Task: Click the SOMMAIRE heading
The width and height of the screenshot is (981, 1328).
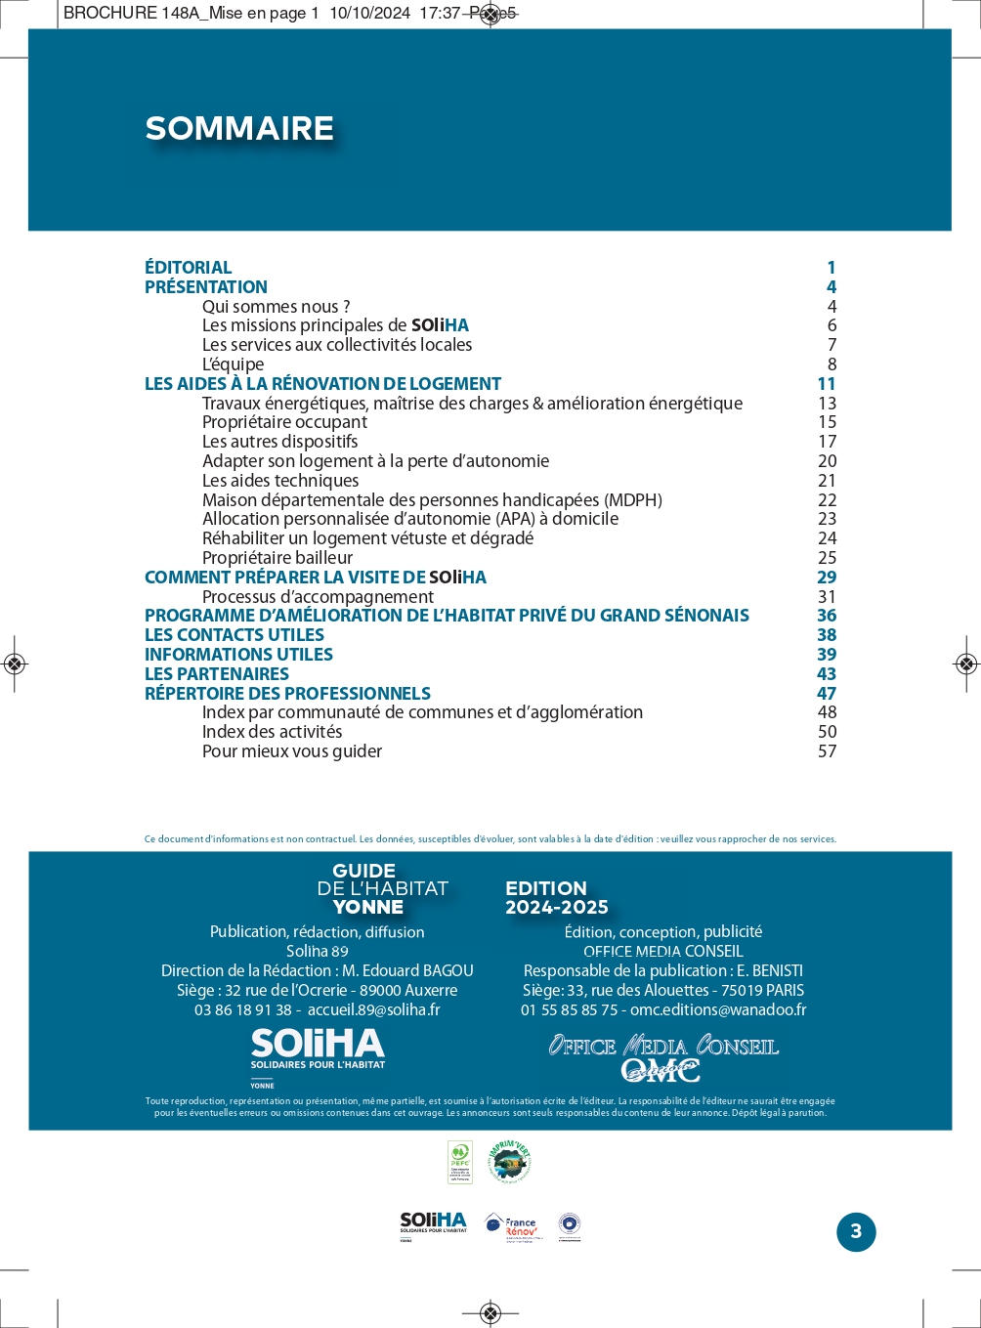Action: [239, 128]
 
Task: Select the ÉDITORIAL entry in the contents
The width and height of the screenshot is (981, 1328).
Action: [189, 268]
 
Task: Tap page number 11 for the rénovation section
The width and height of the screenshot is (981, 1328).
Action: [827, 384]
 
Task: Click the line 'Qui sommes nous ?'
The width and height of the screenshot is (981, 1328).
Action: [276, 307]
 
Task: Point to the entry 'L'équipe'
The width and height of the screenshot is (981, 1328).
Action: [233, 364]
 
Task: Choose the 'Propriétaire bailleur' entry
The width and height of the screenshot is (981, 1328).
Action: [277, 558]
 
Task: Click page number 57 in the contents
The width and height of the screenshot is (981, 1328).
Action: [827, 751]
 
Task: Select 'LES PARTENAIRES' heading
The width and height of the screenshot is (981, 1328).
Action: [217, 674]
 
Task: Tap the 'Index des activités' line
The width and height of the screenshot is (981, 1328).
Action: [272, 732]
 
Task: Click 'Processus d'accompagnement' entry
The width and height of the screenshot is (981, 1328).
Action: [318, 597]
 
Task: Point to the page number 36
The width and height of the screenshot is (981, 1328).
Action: [827, 616]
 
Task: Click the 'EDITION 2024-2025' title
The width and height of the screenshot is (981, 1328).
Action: [556, 898]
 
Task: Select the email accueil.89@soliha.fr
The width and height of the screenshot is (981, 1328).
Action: [373, 1010]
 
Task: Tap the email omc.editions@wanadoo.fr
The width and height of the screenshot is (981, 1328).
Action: [718, 1010]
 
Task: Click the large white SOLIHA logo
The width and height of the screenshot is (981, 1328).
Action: [318, 1050]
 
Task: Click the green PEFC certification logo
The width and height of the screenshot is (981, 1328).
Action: [459, 1162]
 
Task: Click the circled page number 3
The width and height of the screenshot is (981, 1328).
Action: [856, 1231]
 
